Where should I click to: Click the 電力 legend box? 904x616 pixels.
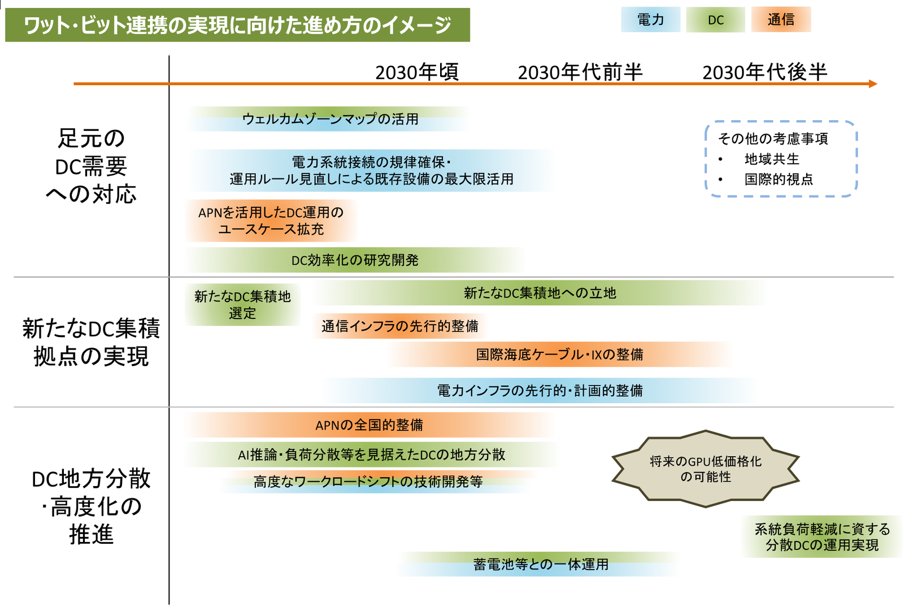650,20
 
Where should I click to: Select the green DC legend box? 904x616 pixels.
715,20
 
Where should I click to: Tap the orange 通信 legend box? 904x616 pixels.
781,20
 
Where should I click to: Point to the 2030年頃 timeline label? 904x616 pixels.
417,72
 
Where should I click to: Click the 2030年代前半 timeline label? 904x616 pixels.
580,72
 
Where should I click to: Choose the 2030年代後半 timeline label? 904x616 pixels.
764,72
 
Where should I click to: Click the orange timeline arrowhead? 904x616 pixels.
872,84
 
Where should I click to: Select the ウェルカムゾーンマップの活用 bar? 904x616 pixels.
330,119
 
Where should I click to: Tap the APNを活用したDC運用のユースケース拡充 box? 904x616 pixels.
271,221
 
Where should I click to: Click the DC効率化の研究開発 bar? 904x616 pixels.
355,260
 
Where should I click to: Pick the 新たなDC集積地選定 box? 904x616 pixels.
242,305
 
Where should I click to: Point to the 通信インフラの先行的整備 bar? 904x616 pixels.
400,326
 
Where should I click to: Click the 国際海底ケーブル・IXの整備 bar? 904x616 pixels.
559,355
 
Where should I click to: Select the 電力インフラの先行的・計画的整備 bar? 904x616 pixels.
540,391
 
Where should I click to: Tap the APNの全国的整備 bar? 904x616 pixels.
369,425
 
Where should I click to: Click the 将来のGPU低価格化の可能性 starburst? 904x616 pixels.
705,469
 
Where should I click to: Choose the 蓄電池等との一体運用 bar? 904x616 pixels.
541,565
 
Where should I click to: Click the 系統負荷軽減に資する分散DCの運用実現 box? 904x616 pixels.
822,537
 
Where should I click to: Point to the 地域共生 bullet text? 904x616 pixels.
772,159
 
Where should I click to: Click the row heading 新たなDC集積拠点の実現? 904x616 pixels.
91,342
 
